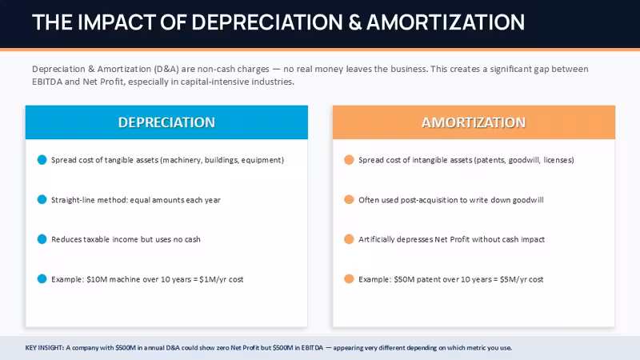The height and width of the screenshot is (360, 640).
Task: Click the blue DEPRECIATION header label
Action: [166, 122]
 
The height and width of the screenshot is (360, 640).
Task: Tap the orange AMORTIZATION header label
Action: [474, 122]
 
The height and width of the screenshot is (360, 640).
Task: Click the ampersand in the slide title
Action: [355, 22]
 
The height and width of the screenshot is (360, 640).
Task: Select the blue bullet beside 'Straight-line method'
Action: [42, 199]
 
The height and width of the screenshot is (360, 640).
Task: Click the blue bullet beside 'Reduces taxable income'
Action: [42, 239]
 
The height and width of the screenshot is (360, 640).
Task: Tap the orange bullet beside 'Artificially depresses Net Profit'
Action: [349, 239]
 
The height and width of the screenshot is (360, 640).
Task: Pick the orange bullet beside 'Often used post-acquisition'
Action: [349, 199]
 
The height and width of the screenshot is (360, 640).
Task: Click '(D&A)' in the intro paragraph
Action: [166, 69]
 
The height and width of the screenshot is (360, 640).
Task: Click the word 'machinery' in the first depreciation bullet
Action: [182, 160]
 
